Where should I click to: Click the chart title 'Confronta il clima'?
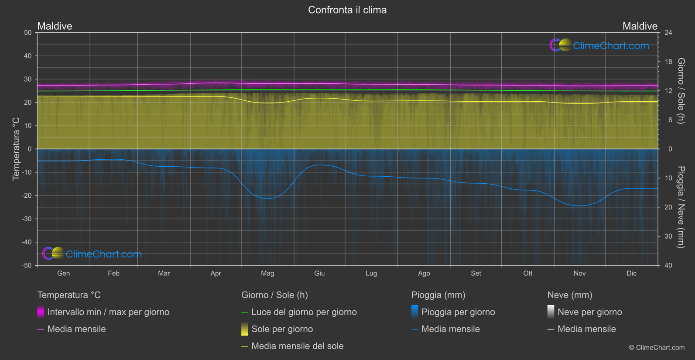click(x=347, y=10)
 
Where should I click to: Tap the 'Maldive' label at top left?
click(x=55, y=26)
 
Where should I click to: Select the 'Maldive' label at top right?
click(x=640, y=26)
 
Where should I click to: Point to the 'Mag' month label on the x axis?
click(x=267, y=274)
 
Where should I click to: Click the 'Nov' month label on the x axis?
click(x=579, y=274)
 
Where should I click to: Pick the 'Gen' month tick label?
click(x=64, y=274)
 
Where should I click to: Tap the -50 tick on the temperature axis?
click(x=27, y=265)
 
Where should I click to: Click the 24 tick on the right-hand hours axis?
click(x=668, y=33)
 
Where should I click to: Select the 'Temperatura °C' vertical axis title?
click(x=16, y=149)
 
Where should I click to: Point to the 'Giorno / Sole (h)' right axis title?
click(x=681, y=91)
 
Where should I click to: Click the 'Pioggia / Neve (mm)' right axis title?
click(x=681, y=207)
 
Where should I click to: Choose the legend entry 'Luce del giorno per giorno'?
click(x=304, y=312)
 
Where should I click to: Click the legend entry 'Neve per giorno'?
click(x=589, y=312)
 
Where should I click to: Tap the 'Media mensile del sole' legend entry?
click(x=298, y=346)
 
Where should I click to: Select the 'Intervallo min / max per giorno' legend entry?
click(x=108, y=312)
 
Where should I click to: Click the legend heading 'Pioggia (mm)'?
click(x=438, y=295)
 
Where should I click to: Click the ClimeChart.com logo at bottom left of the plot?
click(x=92, y=254)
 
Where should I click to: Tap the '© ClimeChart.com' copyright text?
click(x=657, y=348)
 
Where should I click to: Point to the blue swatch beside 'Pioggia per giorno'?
click(x=415, y=312)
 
